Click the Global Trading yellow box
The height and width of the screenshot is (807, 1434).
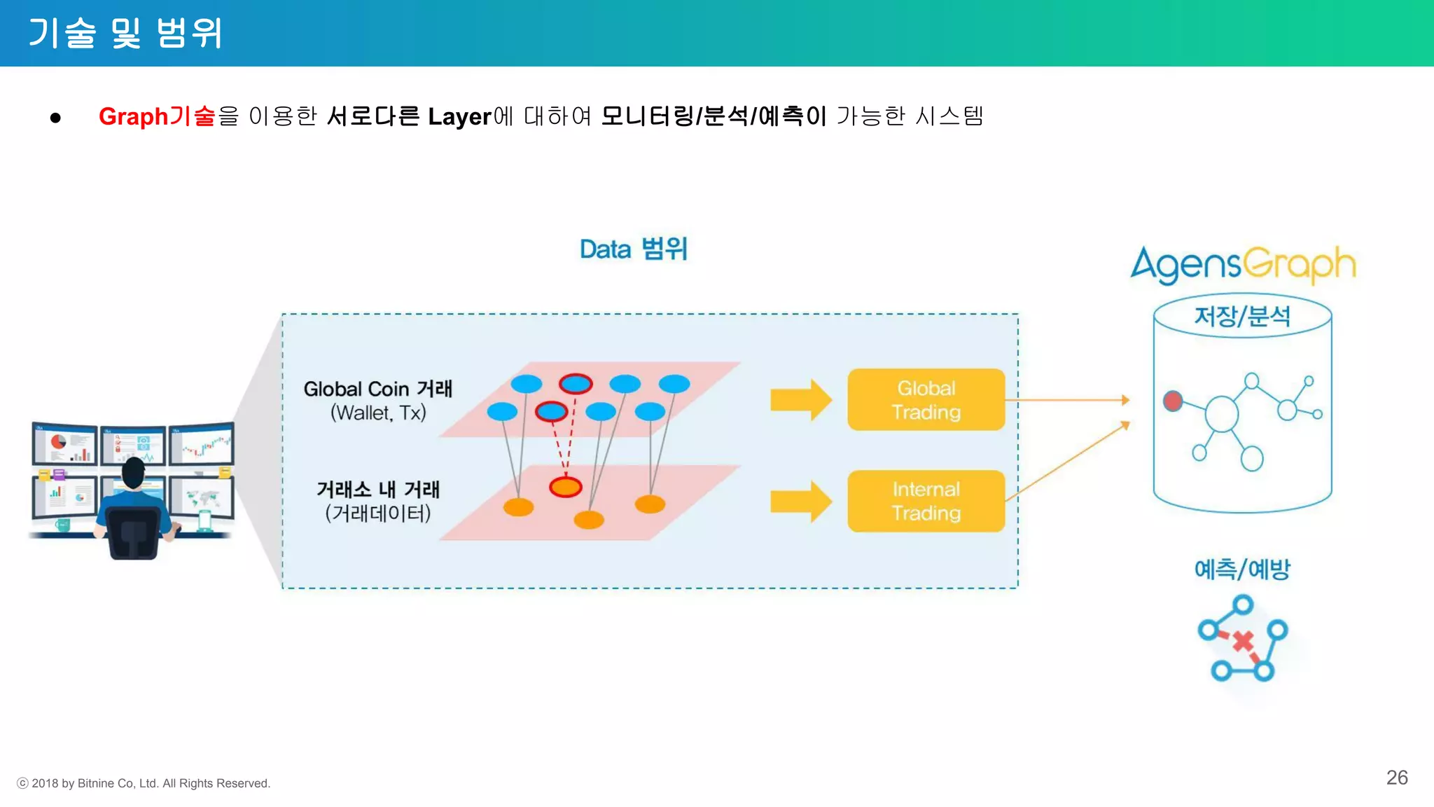pyautogui.click(x=926, y=399)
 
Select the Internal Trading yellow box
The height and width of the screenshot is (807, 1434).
pyautogui.click(x=926, y=501)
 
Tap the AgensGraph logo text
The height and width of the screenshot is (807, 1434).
pyautogui.click(x=1243, y=265)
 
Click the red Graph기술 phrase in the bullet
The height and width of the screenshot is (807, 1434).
pyautogui.click(x=157, y=116)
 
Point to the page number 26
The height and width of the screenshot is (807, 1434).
pyautogui.click(x=1396, y=777)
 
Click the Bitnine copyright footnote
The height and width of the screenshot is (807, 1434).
pyautogui.click(x=144, y=783)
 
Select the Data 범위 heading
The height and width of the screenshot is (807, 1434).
pyautogui.click(x=633, y=249)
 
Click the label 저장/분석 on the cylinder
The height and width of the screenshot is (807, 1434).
pyautogui.click(x=1241, y=316)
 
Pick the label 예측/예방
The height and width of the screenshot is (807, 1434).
pyautogui.click(x=1241, y=569)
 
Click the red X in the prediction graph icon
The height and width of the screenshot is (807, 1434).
pyautogui.click(x=1243, y=641)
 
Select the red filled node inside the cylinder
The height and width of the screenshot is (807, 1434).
pyautogui.click(x=1173, y=401)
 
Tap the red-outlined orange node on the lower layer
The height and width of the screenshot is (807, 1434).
pyautogui.click(x=565, y=487)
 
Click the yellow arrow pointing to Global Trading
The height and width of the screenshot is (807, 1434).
pyautogui.click(x=800, y=400)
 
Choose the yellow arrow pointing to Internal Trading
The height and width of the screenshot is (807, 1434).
pyautogui.click(x=800, y=502)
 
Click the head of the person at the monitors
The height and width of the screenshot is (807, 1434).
pyautogui.click(x=133, y=473)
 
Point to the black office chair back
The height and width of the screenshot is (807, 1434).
pyautogui.click(x=133, y=532)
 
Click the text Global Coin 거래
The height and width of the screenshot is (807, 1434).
pyautogui.click(x=377, y=389)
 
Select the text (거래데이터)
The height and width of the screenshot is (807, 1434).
pyautogui.click(x=377, y=513)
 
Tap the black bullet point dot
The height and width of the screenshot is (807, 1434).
pyautogui.click(x=55, y=118)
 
